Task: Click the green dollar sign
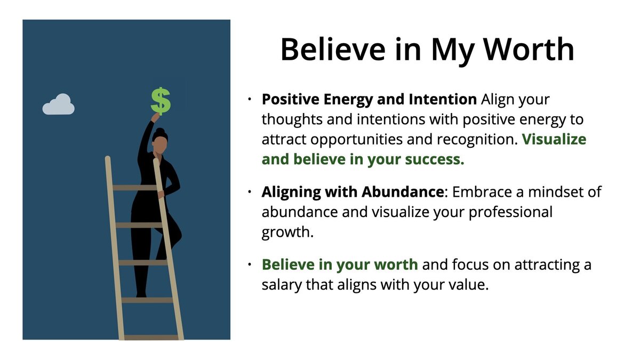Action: tap(161, 101)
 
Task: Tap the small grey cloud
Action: tap(58, 105)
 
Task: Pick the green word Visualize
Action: tap(554, 140)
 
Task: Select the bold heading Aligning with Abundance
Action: tap(352, 192)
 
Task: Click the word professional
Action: tap(500, 212)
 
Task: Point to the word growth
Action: tap(287, 232)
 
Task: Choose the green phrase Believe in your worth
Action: tap(340, 265)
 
